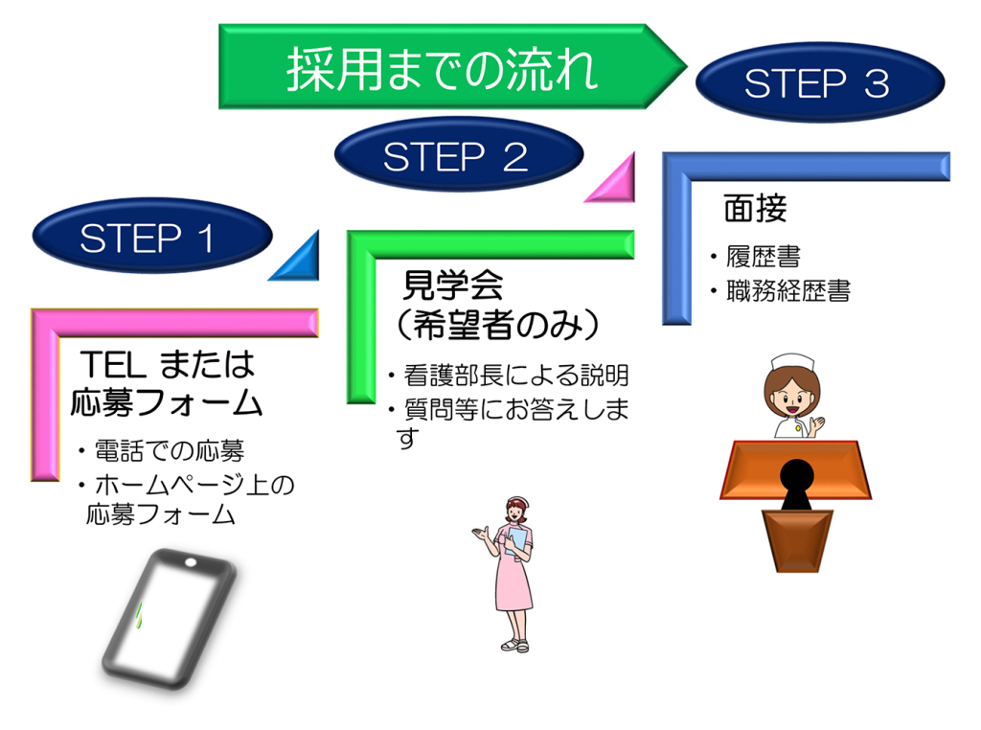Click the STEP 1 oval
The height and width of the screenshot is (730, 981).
148,238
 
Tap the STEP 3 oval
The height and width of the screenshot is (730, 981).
817,84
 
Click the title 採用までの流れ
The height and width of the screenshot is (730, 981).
443,69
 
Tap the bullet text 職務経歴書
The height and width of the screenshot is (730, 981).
786,290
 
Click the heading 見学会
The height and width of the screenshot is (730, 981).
452,285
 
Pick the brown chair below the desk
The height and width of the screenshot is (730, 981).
796,542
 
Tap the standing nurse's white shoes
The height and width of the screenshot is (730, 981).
514,646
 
